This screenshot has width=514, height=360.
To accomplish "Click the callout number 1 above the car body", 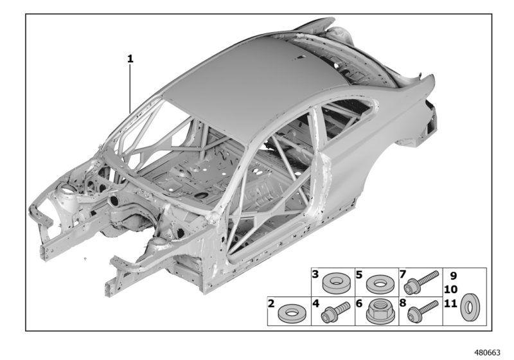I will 130,59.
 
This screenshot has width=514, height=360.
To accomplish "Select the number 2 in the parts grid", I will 272,302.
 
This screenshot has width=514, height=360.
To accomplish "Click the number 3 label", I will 316,302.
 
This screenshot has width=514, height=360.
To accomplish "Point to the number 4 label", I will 316,302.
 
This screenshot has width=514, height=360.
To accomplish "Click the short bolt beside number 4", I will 338,312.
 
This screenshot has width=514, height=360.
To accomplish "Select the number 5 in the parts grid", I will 360,274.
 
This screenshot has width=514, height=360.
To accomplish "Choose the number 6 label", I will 360,302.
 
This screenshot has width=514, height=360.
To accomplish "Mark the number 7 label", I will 403,274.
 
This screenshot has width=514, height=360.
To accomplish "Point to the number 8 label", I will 403,302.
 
